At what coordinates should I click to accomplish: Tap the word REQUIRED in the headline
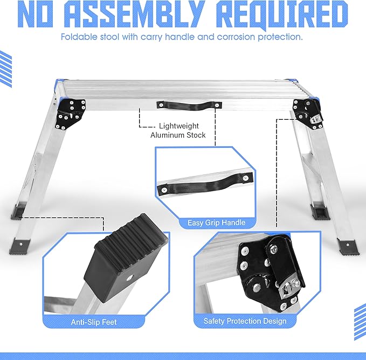pyautogui.click(x=282, y=15)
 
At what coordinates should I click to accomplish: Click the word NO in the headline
pyautogui.click(x=35, y=15)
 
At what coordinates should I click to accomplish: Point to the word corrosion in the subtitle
pyautogui.click(x=236, y=37)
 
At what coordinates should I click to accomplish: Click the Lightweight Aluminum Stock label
pyautogui.click(x=178, y=131)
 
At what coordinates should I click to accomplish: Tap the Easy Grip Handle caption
pyautogui.click(x=216, y=222)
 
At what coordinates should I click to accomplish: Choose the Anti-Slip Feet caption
pyautogui.click(x=94, y=322)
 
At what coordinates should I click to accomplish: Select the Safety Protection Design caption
pyautogui.click(x=245, y=321)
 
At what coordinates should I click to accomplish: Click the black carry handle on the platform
pyautogui.click(x=189, y=106)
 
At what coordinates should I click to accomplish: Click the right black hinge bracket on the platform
pyautogui.click(x=308, y=114)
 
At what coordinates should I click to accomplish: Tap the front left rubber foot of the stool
pyautogui.click(x=20, y=247)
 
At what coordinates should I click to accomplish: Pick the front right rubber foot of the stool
pyautogui.click(x=347, y=247)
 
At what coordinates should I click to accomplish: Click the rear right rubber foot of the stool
pyautogui.click(x=320, y=212)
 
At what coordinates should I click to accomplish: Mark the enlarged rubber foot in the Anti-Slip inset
pyautogui.click(x=126, y=257)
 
